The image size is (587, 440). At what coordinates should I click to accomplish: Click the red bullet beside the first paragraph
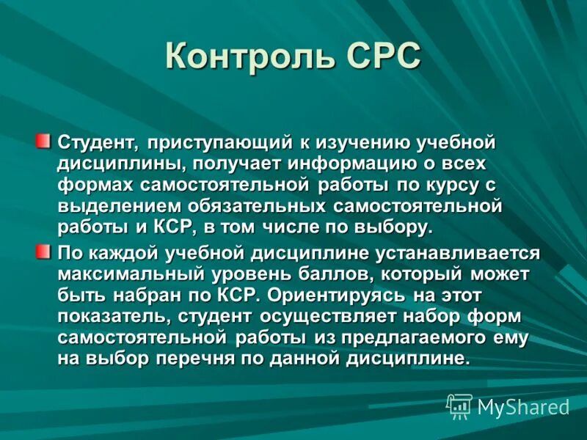[x=45, y=139]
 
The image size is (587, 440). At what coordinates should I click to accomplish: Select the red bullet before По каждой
[x=45, y=252]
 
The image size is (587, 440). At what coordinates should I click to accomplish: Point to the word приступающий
[x=218, y=142]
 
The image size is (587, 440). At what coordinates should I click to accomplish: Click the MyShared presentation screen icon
[x=460, y=406]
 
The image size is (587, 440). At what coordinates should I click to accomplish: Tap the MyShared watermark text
[x=523, y=407]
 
